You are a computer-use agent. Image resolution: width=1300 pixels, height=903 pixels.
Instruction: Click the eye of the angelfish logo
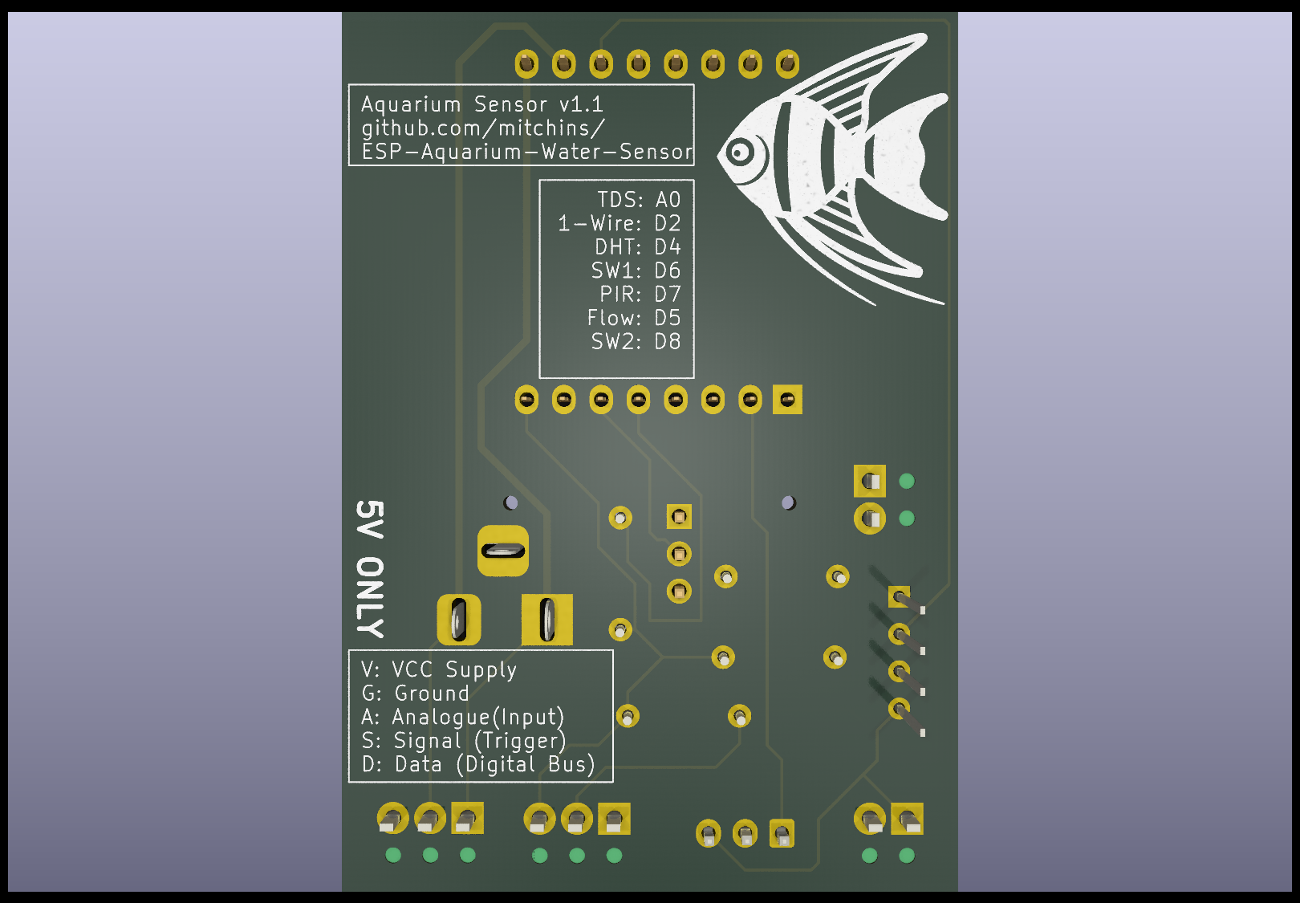tap(740, 153)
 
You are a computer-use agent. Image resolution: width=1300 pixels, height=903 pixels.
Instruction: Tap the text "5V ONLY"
tap(370, 569)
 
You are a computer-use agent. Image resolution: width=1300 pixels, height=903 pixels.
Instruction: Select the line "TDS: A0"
tap(639, 200)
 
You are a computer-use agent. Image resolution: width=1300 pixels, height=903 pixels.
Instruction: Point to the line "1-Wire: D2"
tap(620, 223)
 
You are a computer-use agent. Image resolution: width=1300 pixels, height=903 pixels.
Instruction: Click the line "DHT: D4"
tap(638, 247)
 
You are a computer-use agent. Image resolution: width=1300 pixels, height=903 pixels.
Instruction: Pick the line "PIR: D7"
tap(640, 295)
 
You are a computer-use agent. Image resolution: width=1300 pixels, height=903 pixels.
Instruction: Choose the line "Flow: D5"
tap(634, 318)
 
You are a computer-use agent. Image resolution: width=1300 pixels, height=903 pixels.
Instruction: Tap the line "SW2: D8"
tap(636, 342)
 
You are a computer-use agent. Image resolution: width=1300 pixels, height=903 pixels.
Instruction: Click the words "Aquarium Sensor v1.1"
tap(482, 104)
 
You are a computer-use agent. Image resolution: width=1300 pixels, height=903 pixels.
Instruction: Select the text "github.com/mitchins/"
tap(483, 128)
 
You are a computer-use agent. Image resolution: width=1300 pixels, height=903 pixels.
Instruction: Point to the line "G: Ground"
tap(415, 694)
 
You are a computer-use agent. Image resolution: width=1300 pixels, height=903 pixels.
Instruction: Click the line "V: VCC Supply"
tap(439, 669)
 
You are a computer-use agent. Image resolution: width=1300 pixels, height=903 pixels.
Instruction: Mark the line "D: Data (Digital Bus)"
tap(478, 764)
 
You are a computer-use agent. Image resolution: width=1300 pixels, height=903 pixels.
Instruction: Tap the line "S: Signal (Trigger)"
tap(464, 741)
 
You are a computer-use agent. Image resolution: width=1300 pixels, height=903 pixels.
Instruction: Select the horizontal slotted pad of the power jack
tap(503, 551)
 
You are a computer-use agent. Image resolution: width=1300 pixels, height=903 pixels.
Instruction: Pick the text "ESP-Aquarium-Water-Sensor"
tap(527, 152)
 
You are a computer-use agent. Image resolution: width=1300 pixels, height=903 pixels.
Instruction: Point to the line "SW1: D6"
tap(636, 271)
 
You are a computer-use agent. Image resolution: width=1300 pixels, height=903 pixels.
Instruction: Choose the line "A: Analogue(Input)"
tap(462, 718)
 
